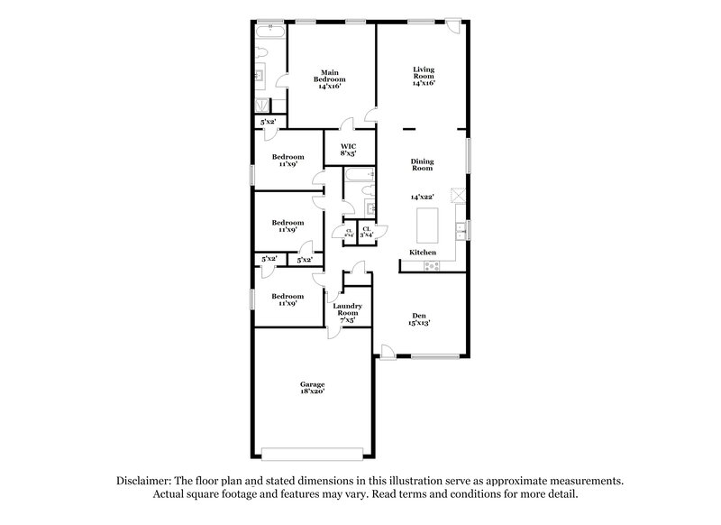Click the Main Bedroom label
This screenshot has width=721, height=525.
tap(329, 76)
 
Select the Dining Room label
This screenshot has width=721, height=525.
tap(423, 165)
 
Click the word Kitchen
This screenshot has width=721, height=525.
tap(423, 252)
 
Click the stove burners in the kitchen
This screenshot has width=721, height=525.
tap(431, 264)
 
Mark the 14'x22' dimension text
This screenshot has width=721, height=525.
tap(423, 197)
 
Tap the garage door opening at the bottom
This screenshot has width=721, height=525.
tap(312, 452)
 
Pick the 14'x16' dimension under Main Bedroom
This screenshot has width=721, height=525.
tap(329, 87)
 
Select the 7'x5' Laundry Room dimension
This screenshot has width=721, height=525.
tap(347, 320)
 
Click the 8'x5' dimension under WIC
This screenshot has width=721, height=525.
tap(348, 154)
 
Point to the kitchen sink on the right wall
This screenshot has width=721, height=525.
tap(460, 226)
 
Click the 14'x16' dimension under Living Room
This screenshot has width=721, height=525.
tap(424, 83)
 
